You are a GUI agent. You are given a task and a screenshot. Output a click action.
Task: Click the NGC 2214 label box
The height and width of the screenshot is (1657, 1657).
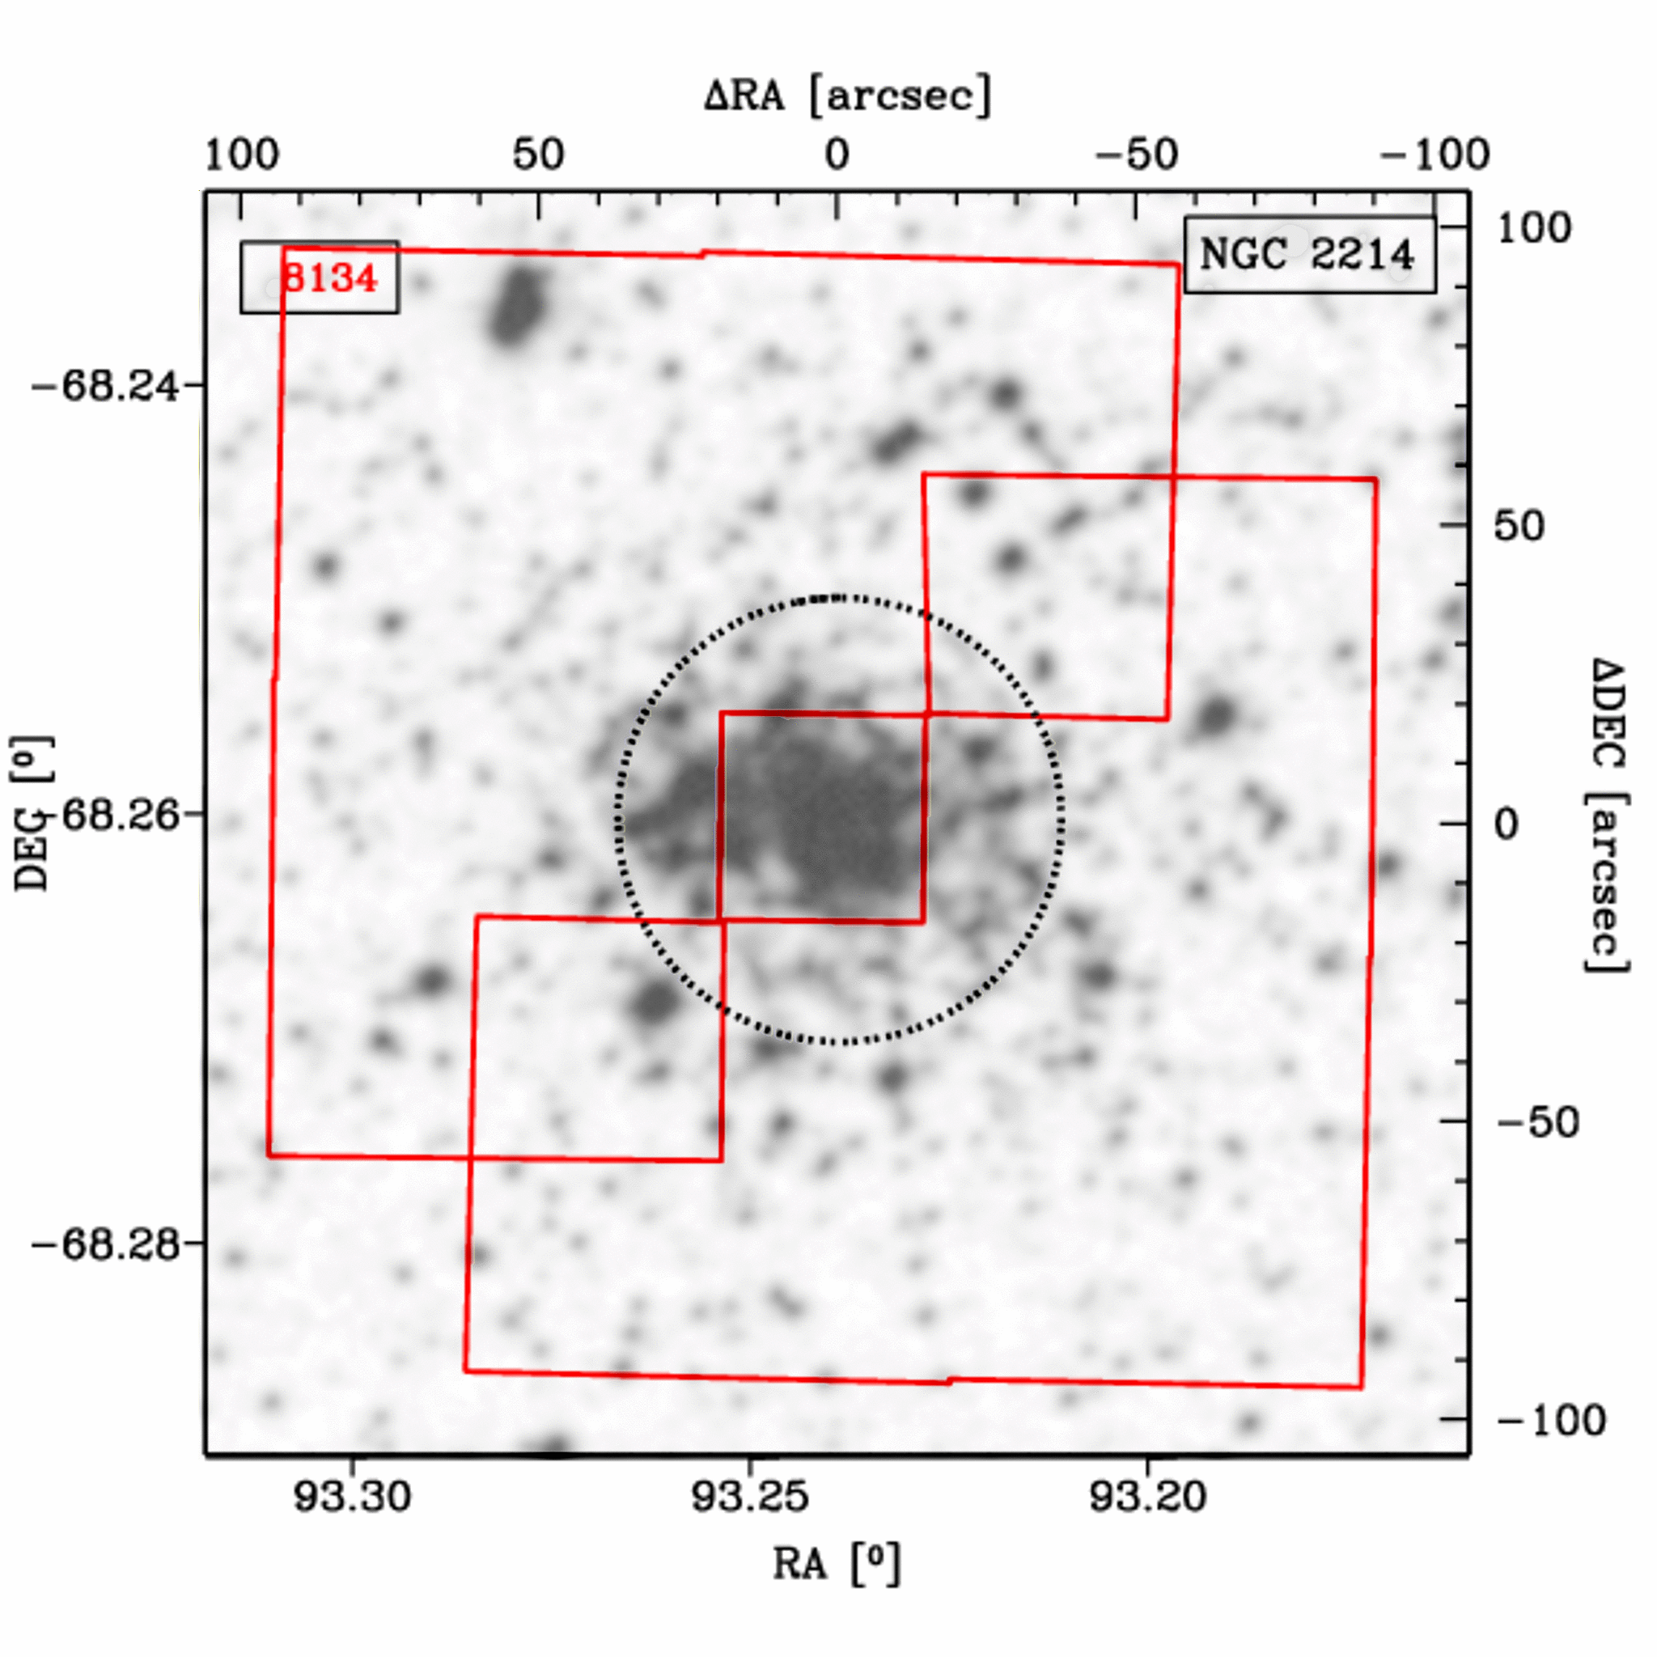[1310, 255]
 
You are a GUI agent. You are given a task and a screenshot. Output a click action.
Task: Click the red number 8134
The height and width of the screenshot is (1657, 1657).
[329, 278]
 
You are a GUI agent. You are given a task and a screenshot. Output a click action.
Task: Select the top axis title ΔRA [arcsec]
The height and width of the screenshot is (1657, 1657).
[847, 95]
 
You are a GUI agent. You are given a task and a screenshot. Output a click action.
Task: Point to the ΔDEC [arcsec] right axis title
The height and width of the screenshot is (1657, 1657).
[1605, 815]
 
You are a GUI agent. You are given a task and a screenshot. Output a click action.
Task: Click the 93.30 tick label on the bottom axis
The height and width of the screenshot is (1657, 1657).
[353, 1496]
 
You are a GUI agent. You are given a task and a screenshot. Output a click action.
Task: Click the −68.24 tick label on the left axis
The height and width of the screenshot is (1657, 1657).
[105, 386]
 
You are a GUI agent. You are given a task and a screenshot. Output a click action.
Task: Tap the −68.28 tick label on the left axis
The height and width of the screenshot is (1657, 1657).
[105, 1244]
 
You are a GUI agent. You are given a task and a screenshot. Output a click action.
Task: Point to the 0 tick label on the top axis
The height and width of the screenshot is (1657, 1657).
[837, 155]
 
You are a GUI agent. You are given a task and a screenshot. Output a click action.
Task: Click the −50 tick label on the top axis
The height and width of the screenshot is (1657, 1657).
[1137, 155]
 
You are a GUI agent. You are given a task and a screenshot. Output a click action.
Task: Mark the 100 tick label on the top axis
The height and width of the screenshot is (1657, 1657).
[242, 155]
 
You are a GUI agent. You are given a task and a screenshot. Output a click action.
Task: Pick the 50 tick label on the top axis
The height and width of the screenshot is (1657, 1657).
[539, 155]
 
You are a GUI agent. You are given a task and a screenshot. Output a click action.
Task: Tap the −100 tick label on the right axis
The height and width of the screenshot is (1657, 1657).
[1551, 1420]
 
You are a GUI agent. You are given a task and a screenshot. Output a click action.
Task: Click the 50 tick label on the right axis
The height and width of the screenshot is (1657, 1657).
[1518, 526]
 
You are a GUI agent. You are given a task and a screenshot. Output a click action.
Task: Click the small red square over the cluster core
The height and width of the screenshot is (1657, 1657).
[823, 817]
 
